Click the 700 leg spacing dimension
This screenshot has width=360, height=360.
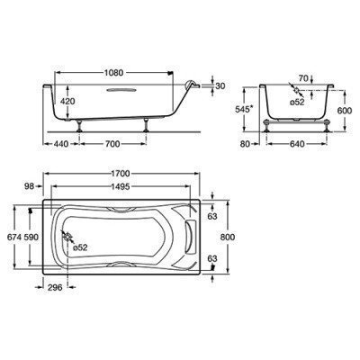click(110, 144)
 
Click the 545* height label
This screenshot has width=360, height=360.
click(240, 111)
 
